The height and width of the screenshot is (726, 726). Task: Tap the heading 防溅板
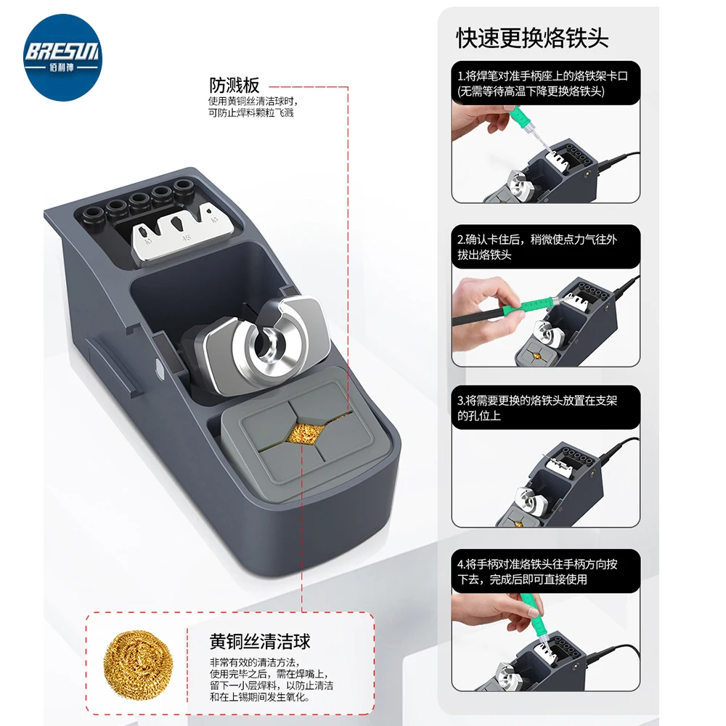pos(234,85)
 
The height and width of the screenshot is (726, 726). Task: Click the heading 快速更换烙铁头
pos(532,38)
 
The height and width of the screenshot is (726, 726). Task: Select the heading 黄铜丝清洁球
pos(260,642)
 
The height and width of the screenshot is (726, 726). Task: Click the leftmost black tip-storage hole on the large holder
pos(93,215)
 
